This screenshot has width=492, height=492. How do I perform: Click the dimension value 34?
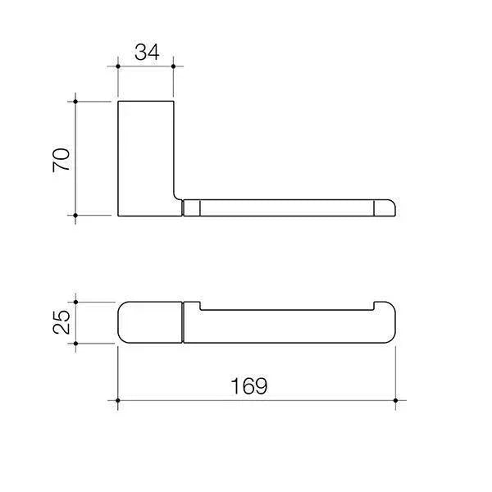(x=146, y=52)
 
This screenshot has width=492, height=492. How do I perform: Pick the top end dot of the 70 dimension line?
(x=76, y=101)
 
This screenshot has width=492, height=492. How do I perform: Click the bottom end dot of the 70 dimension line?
(x=76, y=216)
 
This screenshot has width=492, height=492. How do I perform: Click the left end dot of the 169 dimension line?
(x=118, y=401)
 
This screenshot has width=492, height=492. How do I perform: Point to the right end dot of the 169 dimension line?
(x=395, y=401)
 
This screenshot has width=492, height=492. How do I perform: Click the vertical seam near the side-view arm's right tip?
(x=376, y=207)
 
